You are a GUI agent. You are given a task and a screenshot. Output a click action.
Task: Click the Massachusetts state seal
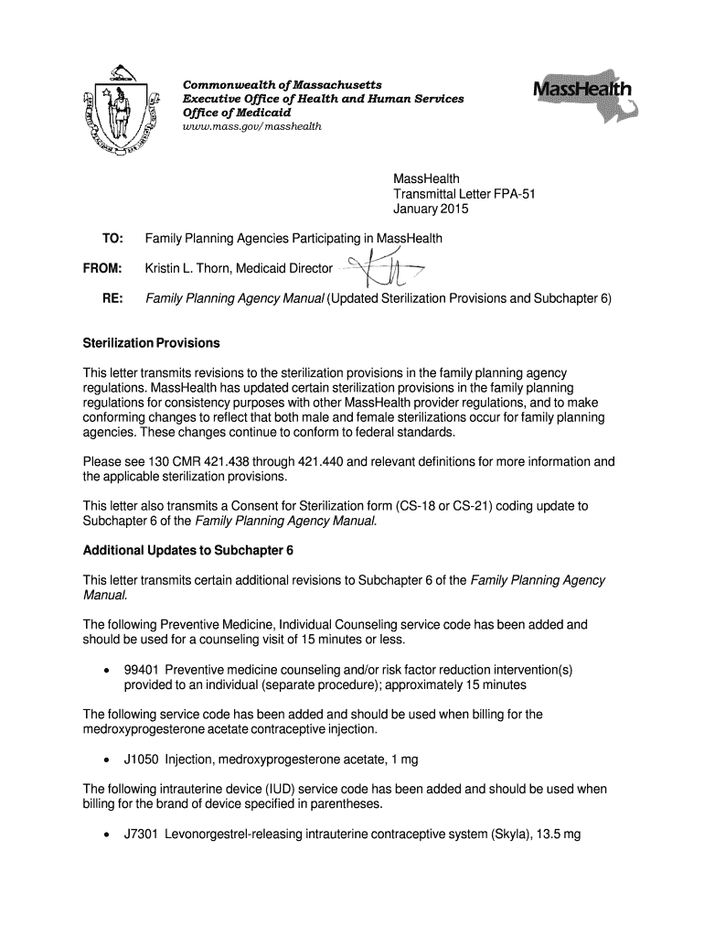pyautogui.click(x=115, y=112)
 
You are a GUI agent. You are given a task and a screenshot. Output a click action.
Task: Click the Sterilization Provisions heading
pyautogui.click(x=151, y=343)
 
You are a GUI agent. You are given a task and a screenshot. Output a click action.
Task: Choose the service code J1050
pyautogui.click(x=142, y=759)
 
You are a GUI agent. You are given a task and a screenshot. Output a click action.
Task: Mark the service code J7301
pyautogui.click(x=142, y=835)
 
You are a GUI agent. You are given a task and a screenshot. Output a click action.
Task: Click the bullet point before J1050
pyautogui.click(x=108, y=759)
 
